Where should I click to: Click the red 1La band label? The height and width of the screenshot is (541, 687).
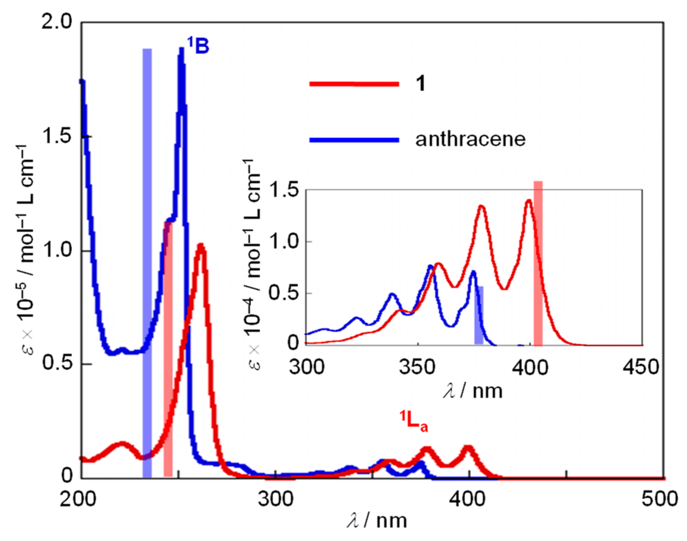coord(413,421)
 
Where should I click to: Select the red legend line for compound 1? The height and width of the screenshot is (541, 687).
coord(354,84)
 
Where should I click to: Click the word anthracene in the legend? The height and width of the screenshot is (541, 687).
coord(470,139)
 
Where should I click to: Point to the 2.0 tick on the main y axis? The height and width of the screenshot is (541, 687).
coord(57,23)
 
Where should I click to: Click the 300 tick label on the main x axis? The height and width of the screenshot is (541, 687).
coord(276,499)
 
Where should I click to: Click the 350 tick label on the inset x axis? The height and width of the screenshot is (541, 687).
coord(417,367)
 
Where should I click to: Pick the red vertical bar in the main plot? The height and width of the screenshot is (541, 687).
coord(168,349)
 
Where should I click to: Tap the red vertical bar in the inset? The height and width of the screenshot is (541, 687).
coord(538,262)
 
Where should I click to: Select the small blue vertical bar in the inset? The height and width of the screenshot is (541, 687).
coord(479,315)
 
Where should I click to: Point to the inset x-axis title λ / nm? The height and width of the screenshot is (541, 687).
coord(472,390)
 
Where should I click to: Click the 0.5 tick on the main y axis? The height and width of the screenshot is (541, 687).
coord(57,363)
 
